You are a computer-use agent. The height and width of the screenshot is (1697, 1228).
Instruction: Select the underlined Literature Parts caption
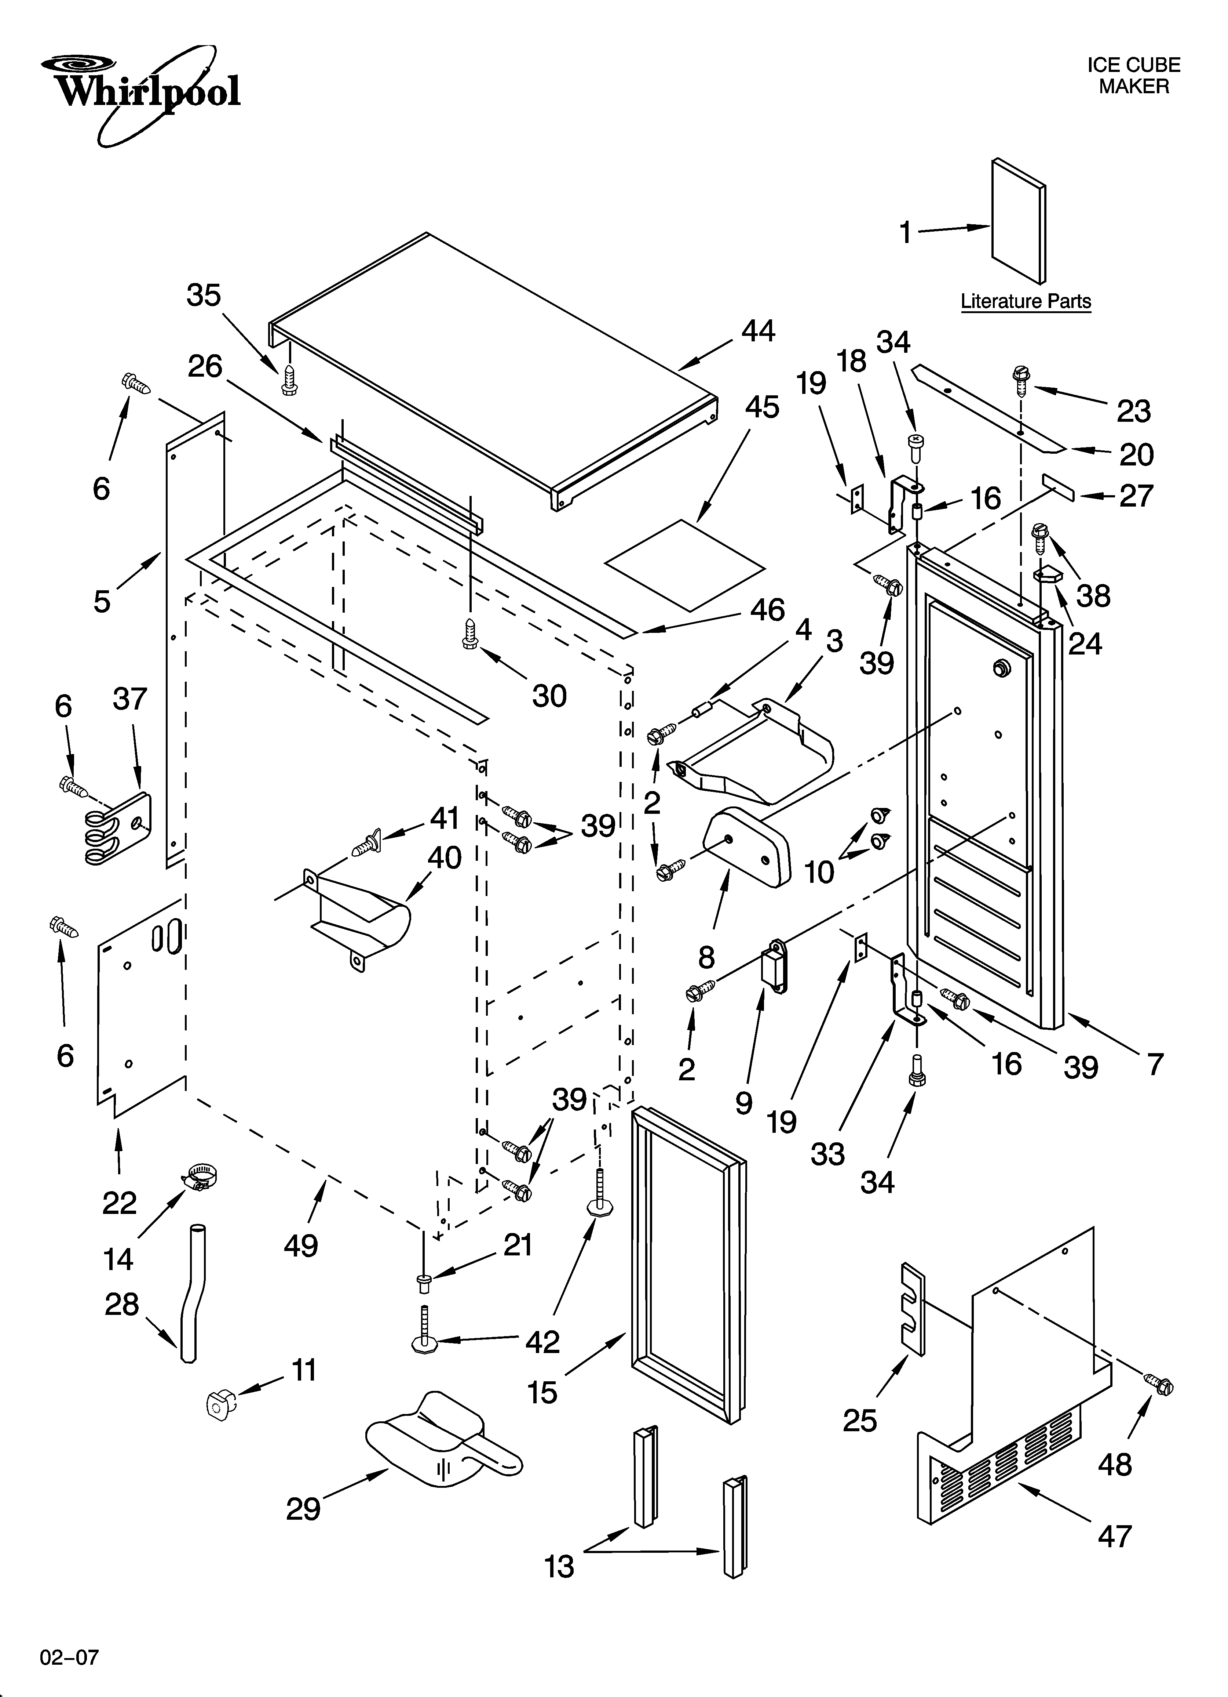[1025, 301]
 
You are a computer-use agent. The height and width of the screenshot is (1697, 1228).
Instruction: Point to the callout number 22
[119, 1203]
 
